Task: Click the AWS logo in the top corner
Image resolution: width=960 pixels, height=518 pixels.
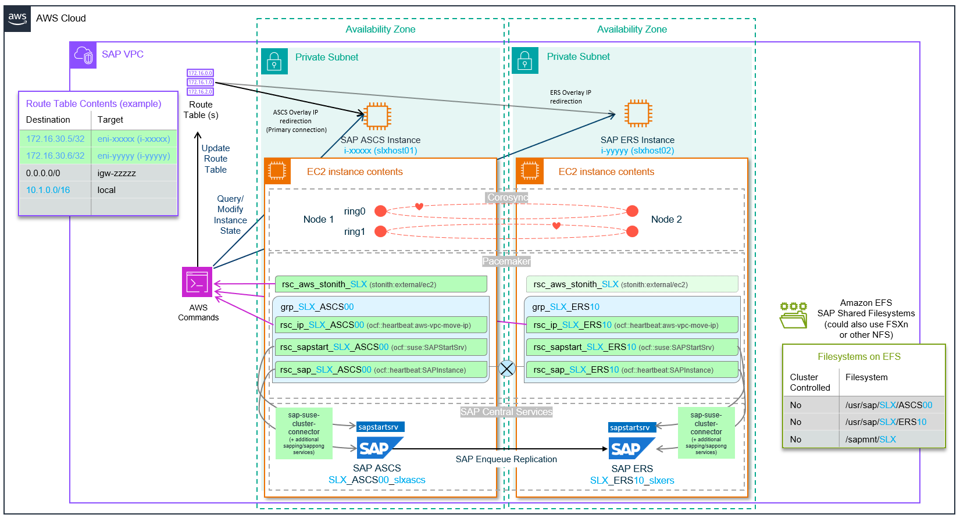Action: pos(17,18)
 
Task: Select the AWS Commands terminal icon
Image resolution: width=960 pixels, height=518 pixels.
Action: pos(197,283)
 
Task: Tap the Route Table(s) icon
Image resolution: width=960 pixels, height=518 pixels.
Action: pos(200,82)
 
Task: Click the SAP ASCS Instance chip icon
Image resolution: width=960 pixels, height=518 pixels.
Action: pos(377,115)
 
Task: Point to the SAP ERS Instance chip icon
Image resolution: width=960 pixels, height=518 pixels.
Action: pos(638,113)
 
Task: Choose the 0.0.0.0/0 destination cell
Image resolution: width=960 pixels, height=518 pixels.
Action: pos(55,173)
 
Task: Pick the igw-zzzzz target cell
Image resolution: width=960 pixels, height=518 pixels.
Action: pos(134,173)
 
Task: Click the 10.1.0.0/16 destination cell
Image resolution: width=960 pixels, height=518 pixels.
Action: pos(55,190)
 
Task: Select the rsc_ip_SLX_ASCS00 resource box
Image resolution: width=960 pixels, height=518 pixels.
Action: pos(381,325)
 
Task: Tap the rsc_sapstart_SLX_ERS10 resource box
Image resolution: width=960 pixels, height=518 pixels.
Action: pos(632,347)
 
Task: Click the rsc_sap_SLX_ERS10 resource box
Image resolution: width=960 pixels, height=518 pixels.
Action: pos(632,370)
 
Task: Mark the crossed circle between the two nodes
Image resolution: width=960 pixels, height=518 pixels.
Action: pos(507,368)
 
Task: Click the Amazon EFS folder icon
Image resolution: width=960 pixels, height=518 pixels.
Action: pos(793,315)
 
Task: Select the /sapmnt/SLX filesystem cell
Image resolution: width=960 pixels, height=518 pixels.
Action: pos(892,440)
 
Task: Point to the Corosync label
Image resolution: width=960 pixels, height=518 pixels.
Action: pos(507,198)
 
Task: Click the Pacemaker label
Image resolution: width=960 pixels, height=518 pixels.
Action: pos(506,262)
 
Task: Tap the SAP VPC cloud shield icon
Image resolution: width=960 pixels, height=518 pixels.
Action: pos(83,55)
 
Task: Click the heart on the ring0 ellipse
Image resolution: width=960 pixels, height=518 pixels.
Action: pos(419,206)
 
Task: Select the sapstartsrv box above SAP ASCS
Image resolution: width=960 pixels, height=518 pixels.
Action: pos(380,427)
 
